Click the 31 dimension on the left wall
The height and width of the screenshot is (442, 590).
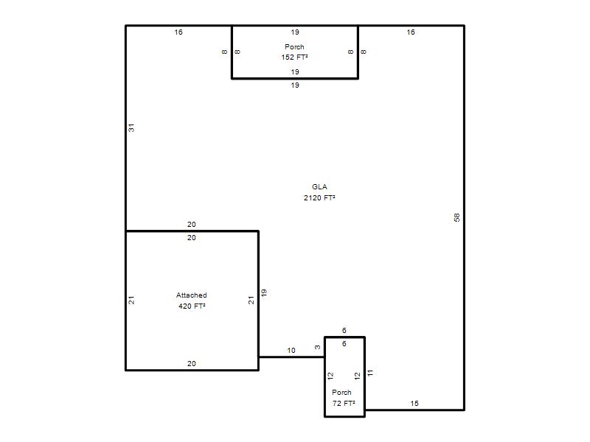pyautogui.click(x=131, y=127)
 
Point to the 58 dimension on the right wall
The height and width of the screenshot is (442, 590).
pyautogui.click(x=457, y=217)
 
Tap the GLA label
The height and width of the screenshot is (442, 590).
pyautogui.click(x=319, y=187)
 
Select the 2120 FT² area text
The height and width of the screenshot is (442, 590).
pyautogui.click(x=319, y=197)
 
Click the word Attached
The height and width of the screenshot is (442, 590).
pyautogui.click(x=192, y=295)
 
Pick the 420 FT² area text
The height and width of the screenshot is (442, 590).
pyautogui.click(x=192, y=306)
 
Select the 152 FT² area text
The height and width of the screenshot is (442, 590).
pyautogui.click(x=294, y=57)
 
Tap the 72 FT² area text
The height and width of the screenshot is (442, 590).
pyautogui.click(x=344, y=403)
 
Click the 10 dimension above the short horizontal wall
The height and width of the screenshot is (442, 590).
pyautogui.click(x=291, y=351)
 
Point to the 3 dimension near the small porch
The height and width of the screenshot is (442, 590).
pyautogui.click(x=318, y=347)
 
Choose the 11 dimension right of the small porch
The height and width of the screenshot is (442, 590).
pyautogui.click(x=370, y=373)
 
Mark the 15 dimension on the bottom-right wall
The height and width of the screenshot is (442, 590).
pyautogui.click(x=414, y=403)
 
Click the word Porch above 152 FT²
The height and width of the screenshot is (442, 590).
pyautogui.click(x=294, y=47)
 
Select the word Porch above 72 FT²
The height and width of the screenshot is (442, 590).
pyautogui.click(x=341, y=393)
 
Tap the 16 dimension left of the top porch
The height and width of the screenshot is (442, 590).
pyautogui.click(x=178, y=32)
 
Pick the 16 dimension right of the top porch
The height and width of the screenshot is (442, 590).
pyautogui.click(x=411, y=32)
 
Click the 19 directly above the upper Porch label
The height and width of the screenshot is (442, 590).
pyautogui.click(x=295, y=32)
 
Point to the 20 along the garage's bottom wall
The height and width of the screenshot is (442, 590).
pyautogui.click(x=192, y=363)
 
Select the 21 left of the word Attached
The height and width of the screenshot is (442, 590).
pyautogui.click(x=131, y=301)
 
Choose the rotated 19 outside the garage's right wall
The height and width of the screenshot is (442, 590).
pyautogui.click(x=264, y=292)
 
